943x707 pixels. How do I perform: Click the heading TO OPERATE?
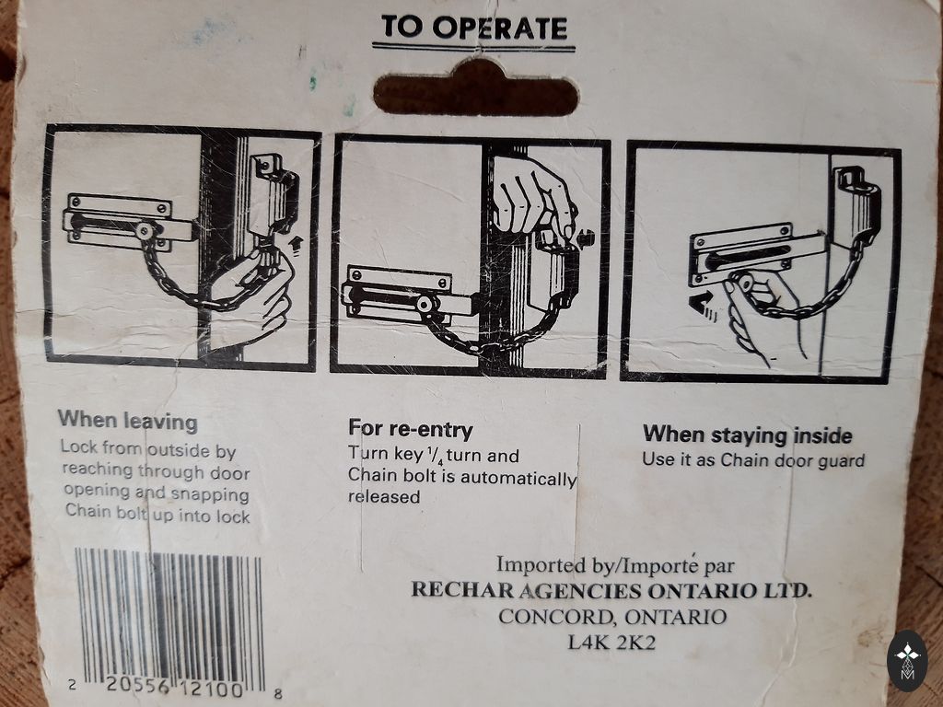pos(474,29)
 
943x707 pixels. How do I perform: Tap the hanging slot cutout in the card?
pos(476,90)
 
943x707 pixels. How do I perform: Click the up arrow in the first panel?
pos(295,245)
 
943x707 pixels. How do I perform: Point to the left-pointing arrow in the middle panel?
pos(586,239)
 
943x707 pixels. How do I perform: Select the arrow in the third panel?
pos(703,305)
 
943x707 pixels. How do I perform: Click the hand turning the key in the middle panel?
pos(531,199)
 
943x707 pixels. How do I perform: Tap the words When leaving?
pos(127,420)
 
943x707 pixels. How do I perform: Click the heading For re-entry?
pos(411,429)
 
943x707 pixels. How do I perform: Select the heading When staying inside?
pos(748,435)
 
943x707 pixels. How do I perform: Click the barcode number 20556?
pos(138,685)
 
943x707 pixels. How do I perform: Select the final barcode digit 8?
pos(277,693)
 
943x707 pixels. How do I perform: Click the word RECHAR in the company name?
pos(462,589)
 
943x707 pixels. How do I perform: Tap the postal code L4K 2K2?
pos(611,643)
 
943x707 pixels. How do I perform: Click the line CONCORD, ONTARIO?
pos(612,617)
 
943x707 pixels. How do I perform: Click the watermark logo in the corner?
pos(907,661)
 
